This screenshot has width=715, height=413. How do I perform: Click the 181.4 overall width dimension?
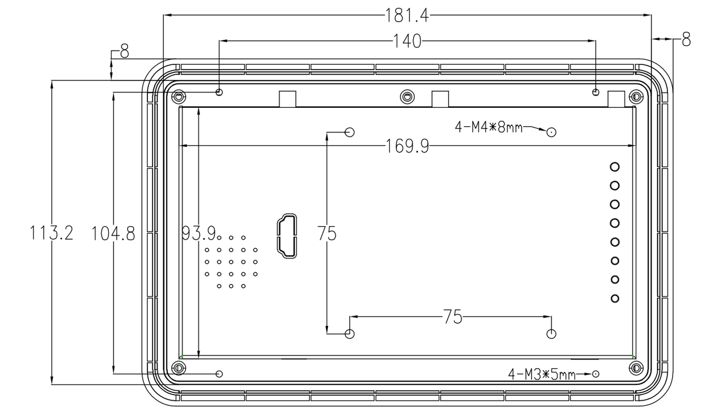407,15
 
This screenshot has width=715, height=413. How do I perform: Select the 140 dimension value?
407,41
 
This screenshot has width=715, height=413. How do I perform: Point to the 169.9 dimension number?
407,146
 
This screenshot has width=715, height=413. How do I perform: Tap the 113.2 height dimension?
51,232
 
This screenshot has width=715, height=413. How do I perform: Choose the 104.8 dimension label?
113,233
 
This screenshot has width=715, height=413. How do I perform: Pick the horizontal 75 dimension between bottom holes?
452,317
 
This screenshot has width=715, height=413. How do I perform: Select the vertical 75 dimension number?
327,233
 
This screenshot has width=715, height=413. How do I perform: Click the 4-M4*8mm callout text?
488,128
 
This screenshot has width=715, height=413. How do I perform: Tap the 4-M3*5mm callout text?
542,374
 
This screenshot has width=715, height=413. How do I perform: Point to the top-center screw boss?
407,96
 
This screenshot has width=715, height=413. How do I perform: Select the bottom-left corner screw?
178,367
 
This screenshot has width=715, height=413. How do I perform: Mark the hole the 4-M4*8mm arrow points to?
551,132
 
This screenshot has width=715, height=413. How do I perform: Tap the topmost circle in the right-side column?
615,166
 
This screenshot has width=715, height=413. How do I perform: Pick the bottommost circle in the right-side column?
615,298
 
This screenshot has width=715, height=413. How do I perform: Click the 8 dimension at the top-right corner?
686,40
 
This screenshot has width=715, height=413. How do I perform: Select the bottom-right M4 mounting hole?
551,333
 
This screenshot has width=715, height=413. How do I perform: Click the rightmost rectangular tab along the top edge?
616,99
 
